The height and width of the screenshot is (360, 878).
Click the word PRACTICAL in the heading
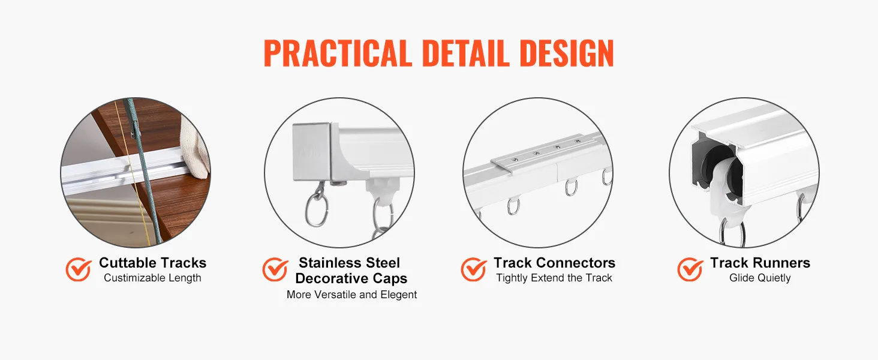[338, 53]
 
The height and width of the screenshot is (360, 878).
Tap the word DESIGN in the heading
[567, 53]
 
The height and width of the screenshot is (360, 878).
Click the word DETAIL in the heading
[466, 53]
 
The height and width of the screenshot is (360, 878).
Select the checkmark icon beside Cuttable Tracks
[79, 269]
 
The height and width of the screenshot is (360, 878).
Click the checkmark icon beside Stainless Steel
[275, 269]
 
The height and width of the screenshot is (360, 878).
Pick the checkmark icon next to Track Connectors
[474, 269]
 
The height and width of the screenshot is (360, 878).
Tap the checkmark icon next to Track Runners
[690, 269]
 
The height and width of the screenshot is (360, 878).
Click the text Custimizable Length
[152, 278]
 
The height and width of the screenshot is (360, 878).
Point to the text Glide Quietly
[760, 278]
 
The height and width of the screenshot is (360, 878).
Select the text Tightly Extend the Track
[554, 278]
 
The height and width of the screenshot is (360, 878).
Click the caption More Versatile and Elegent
[351, 295]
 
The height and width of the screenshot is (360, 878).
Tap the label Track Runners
[760, 263]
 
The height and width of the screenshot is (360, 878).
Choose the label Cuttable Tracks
[152, 263]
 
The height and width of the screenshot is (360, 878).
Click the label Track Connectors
[554, 263]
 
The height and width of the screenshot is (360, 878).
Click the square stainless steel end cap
[314, 152]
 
